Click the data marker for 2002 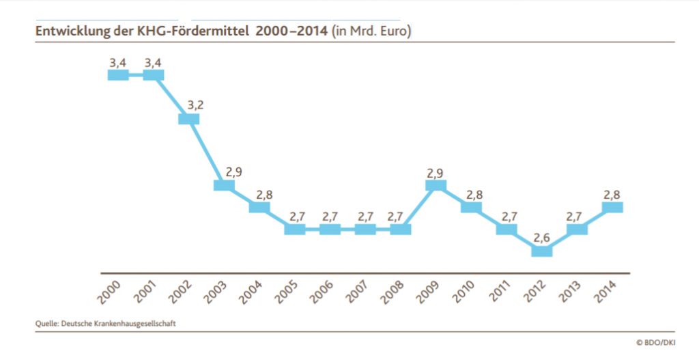pos(188,119)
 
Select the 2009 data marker pos(436,185)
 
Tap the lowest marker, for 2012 pos(541,251)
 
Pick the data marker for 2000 pos(118,74)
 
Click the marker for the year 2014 pos(612,207)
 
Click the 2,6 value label pos(541,238)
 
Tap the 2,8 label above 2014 pos(612,194)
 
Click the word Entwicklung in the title pos(70,31)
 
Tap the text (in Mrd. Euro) pos(371,31)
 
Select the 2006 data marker pos(330,229)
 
